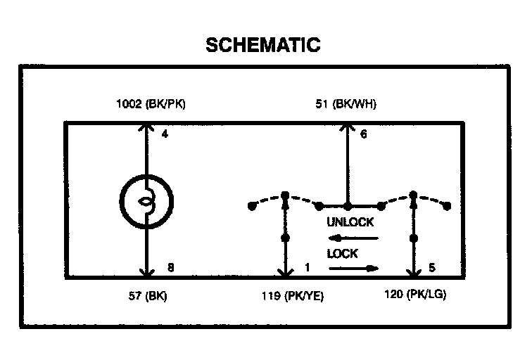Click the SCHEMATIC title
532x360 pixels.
coord(262,45)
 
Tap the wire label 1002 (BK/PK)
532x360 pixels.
coord(151,105)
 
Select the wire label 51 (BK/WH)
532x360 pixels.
coord(345,105)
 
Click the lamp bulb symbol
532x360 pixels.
coord(146,201)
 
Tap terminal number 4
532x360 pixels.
coord(164,133)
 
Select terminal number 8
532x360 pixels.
coord(170,267)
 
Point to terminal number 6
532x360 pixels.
coord(363,133)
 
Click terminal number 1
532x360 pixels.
coord(307,267)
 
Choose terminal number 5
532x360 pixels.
coord(431,267)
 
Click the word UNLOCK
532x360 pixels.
coord(350,222)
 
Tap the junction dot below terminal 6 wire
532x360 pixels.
coord(347,206)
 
